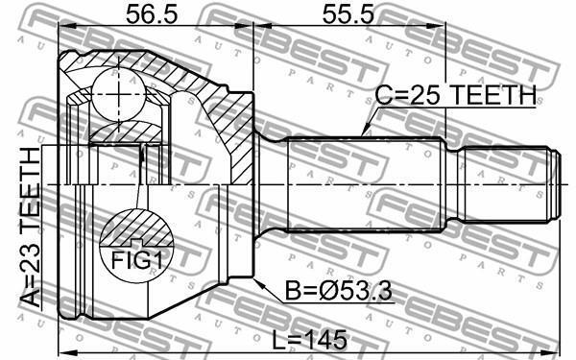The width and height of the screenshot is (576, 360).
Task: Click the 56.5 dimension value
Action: tap(152, 14)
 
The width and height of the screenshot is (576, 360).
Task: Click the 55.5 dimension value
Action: tap(348, 14)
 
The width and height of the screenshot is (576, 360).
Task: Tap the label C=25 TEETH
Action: tap(455, 95)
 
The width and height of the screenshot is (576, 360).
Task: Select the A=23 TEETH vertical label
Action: tap(30, 227)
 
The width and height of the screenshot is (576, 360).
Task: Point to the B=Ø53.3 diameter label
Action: tap(339, 293)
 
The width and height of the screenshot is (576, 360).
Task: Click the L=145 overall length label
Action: tap(310, 340)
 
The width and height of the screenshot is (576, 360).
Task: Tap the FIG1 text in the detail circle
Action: tap(136, 261)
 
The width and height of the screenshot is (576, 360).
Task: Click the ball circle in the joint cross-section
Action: tap(119, 94)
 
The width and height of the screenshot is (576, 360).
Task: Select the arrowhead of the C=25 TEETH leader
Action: tap(365, 132)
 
